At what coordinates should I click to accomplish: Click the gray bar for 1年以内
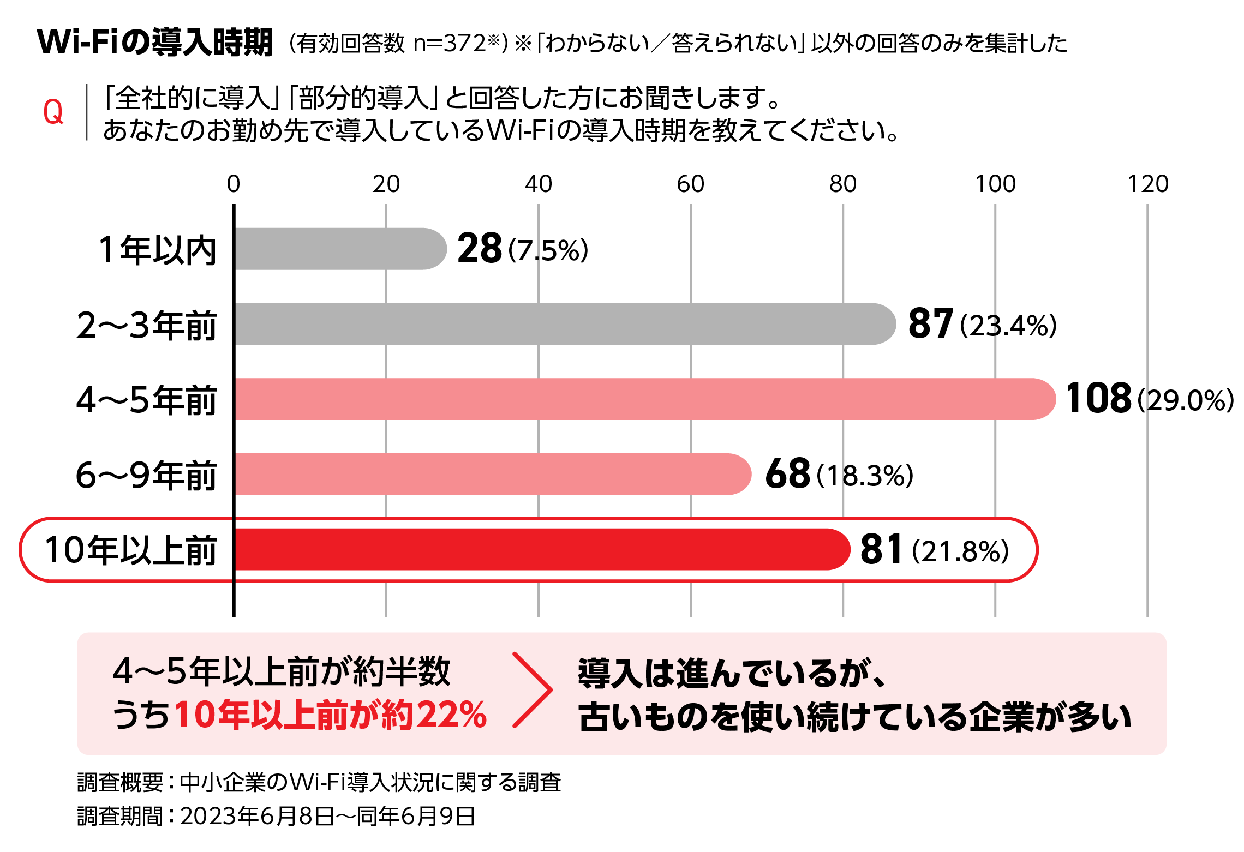point(338,249)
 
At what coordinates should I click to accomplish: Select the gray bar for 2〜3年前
point(562,324)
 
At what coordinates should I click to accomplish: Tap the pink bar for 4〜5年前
point(644,399)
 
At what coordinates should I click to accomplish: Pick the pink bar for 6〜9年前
point(491,474)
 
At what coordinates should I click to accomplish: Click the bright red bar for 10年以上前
point(540,549)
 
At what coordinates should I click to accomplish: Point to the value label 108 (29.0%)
point(1149,399)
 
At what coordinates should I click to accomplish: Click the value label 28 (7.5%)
point(522,249)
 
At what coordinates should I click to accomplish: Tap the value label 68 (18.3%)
point(839,474)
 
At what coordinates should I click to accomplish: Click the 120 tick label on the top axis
point(1147,184)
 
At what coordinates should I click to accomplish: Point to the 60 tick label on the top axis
point(690,184)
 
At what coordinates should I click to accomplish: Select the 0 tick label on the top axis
point(234,184)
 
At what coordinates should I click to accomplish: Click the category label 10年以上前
point(131,550)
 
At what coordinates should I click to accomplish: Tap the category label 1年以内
point(157,250)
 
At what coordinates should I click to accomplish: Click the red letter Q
point(53,112)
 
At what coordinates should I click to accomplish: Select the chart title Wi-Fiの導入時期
point(155,42)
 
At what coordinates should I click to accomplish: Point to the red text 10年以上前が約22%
point(330,715)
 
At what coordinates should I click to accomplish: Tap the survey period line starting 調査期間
point(276,816)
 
